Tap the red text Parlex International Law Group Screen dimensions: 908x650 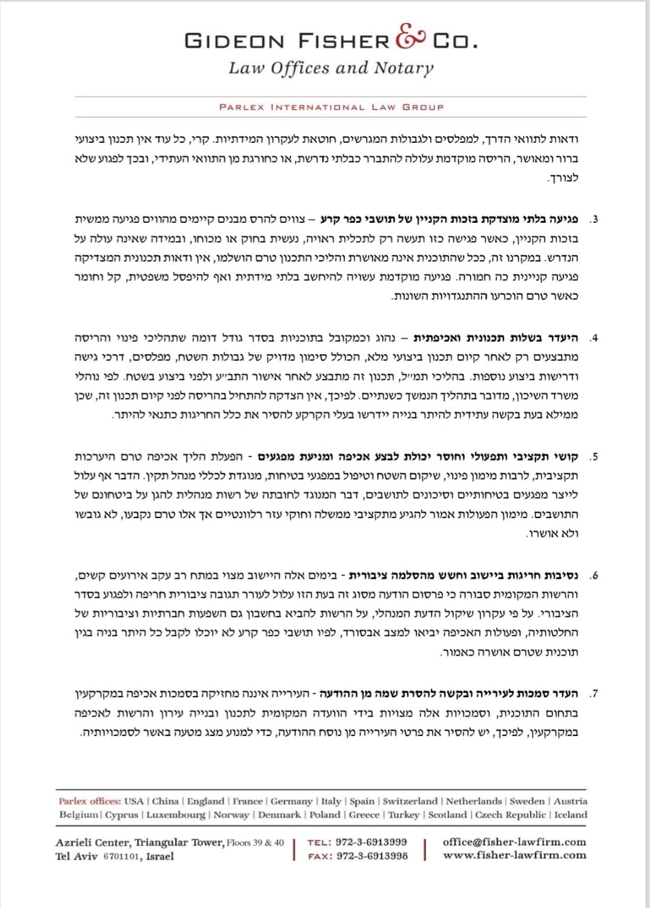[331, 107]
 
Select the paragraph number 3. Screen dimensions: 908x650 [594, 219]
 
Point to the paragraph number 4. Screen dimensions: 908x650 [594, 338]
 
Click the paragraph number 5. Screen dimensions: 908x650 [594, 456]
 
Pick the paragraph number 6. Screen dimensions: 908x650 [594, 575]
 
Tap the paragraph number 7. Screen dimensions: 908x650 [594, 694]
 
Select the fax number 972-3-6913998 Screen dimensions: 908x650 [372, 856]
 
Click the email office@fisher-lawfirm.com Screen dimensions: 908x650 [514, 841]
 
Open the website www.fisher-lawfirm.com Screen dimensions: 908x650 [514, 855]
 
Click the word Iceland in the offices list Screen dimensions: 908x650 [571, 815]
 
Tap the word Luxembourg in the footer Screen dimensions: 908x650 [176, 815]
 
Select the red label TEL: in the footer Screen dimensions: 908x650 [319, 842]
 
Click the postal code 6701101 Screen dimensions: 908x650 [121, 857]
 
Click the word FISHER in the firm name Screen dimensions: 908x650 [343, 41]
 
